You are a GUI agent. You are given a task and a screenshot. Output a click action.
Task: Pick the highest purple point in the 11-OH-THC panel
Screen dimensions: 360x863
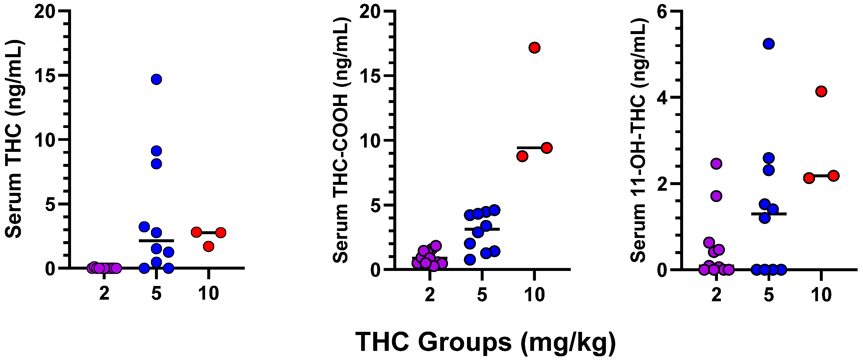[716, 164]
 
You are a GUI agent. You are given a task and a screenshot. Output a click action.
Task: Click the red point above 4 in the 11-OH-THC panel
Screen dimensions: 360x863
[821, 91]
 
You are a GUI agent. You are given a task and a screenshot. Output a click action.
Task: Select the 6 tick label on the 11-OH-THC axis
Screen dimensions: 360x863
[662, 12]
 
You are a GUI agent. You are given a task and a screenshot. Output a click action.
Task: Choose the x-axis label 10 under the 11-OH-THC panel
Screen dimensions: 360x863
[821, 295]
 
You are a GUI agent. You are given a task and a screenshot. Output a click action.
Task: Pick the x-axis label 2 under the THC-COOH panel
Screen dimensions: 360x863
[430, 295]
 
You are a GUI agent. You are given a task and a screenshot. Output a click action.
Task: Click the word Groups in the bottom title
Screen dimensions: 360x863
[465, 342]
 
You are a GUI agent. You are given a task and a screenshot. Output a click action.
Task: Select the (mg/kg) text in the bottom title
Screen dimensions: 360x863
[569, 342]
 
